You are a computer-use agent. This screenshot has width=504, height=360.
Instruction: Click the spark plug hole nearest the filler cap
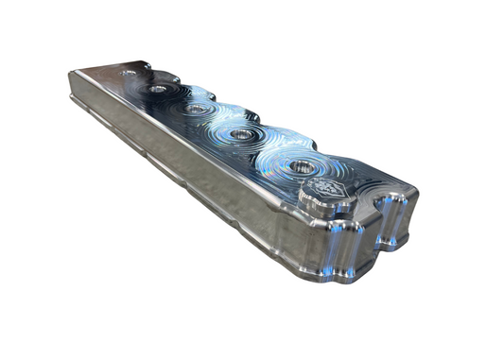[x=302, y=166]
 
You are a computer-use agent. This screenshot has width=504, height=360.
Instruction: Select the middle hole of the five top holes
[x=196, y=109]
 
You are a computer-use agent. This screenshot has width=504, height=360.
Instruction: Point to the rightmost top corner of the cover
[x=414, y=197]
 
